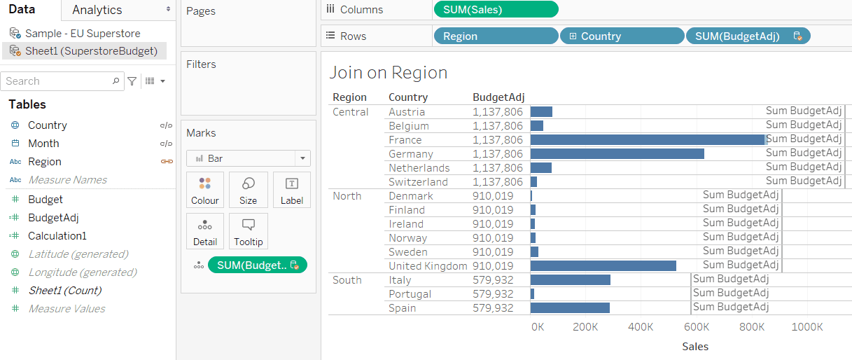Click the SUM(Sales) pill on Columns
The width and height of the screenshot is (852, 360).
coord(496,10)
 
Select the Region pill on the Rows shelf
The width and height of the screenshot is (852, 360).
coord(496,36)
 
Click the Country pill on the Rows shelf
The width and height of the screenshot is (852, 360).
coord(622,36)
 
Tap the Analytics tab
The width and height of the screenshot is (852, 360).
coord(97,10)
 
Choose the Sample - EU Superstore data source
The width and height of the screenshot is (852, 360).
coord(82,33)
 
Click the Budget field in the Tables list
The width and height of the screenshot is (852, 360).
coord(46,200)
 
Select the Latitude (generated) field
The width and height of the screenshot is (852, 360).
coord(78,254)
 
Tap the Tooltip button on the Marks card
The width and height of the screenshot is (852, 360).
coord(248,232)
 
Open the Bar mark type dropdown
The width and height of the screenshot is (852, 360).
coord(249,158)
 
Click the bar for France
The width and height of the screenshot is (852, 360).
coord(648,140)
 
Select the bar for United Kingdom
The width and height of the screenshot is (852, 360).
coord(603,266)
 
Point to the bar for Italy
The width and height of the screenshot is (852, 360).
coord(570,280)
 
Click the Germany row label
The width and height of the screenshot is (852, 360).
coord(411,154)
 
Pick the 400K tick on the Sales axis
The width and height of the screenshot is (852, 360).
coord(641,327)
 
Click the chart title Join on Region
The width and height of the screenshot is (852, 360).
coord(388,73)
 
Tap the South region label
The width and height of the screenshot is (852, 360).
coord(347,280)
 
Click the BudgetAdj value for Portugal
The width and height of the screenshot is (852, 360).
coord(493,294)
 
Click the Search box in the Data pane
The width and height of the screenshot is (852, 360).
coord(57,81)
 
